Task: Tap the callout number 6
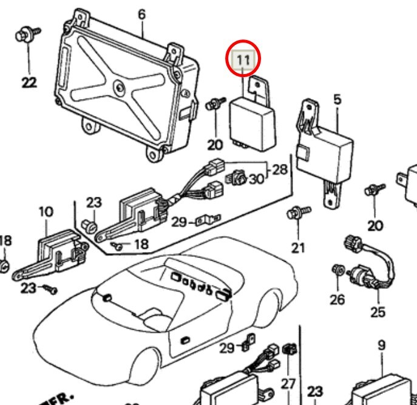pyautogui.click(x=141, y=14)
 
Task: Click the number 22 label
pyautogui.click(x=28, y=82)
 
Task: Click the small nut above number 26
pyautogui.click(x=337, y=270)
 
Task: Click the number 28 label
pyautogui.click(x=279, y=169)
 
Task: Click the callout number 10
pyautogui.click(x=46, y=212)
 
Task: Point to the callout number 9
pyautogui.click(x=381, y=345)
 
